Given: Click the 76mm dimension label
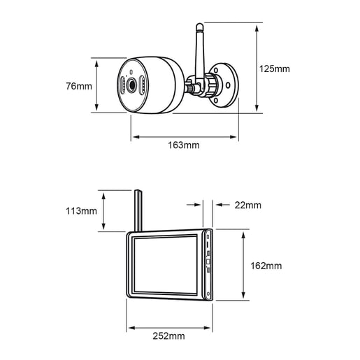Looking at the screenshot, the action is pos(79,86).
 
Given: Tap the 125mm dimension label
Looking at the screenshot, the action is pos(275,69).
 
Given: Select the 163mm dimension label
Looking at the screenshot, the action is pos(184,145).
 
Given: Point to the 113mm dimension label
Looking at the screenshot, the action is pos(81,211).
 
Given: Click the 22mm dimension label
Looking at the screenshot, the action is pos(248,206).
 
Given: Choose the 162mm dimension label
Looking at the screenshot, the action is pos(266,266).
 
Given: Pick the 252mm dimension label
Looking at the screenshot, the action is pos(168,336).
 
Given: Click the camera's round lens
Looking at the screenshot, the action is pos(131,85).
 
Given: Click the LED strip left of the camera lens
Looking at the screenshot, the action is pos(122,85).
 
